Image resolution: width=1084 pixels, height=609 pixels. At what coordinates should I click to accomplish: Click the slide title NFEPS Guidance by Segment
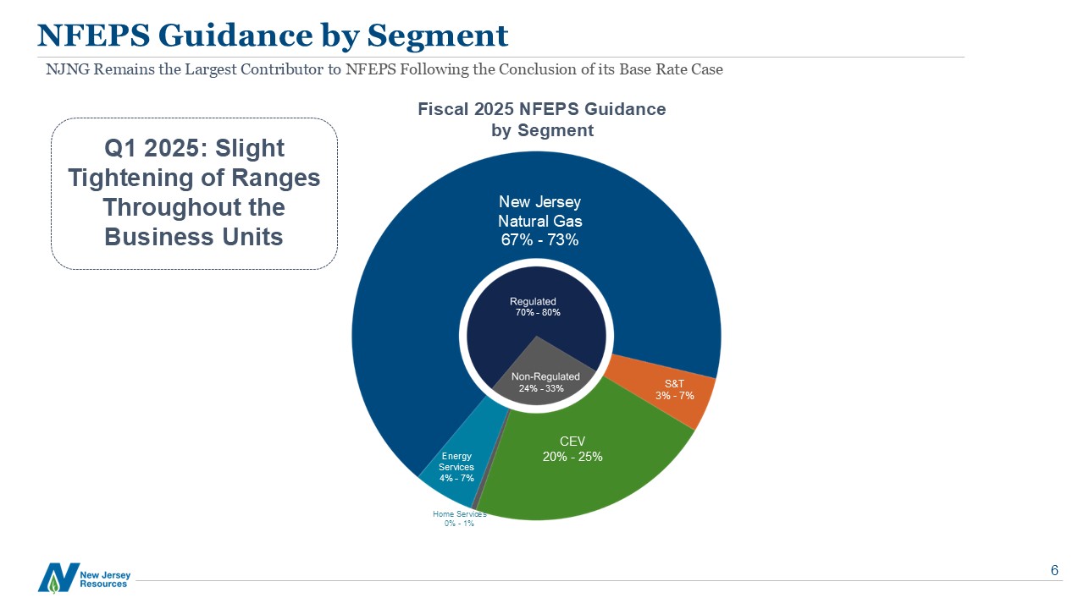coord(273,36)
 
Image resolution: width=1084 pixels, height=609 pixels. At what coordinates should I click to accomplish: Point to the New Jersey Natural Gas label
coord(539,211)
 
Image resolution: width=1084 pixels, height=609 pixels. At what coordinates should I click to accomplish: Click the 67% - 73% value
coord(539,240)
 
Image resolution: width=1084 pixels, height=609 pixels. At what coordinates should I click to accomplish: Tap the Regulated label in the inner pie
coord(533,301)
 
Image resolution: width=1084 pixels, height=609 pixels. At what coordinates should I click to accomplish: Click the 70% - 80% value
coord(538,313)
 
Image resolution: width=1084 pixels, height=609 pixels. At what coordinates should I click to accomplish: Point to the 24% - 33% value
coord(541,389)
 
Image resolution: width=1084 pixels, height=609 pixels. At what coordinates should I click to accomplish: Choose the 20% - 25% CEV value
coord(572,457)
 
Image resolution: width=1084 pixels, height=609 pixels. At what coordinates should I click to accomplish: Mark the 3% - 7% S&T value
coord(675,396)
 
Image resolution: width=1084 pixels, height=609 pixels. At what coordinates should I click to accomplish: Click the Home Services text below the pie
coord(459,513)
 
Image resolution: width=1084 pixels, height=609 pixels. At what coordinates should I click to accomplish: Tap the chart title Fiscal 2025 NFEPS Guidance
coord(542,109)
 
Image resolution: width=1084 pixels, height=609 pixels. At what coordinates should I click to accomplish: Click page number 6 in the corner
coord(1054,570)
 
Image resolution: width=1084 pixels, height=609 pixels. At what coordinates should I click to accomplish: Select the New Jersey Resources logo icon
coord(58,577)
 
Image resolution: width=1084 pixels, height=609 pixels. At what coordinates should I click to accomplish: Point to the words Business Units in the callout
coord(194,237)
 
